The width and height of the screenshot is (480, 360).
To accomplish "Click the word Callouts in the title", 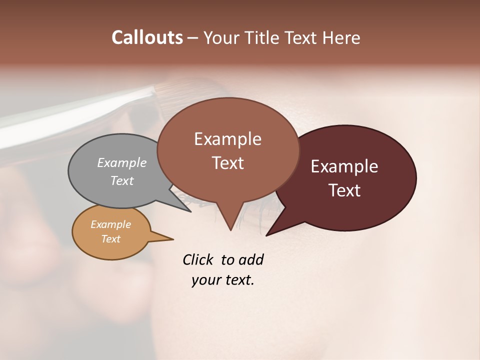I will coord(147,37).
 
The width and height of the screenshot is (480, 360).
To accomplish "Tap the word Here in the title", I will coord(341,38).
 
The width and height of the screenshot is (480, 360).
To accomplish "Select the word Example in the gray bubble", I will coord(122,162).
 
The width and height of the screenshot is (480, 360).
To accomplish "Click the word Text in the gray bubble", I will coord(122,180).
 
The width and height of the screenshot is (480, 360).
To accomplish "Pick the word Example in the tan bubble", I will coord(110,224).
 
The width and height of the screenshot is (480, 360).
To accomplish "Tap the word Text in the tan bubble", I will coord(110,239).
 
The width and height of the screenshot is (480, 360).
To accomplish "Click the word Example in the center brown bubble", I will coord(227,139).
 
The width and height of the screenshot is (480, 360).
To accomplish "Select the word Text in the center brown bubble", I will coord(227,163).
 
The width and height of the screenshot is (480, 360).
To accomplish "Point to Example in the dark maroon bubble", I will coord(344,166).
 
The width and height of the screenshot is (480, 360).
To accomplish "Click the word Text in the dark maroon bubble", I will coord(344,190).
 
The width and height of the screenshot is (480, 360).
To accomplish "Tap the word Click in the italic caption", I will coord(199,259).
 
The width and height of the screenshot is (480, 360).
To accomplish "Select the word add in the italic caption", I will coord(250,259).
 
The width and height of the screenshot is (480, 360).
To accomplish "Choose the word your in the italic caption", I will coord(204,280).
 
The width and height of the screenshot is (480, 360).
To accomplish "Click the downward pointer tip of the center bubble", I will coord(230,230).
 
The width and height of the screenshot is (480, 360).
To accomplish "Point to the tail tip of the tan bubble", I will coord(173,239).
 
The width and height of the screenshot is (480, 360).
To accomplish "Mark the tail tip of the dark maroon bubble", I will coord(266,235).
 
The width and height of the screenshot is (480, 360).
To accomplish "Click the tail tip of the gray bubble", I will coord(191,212).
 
